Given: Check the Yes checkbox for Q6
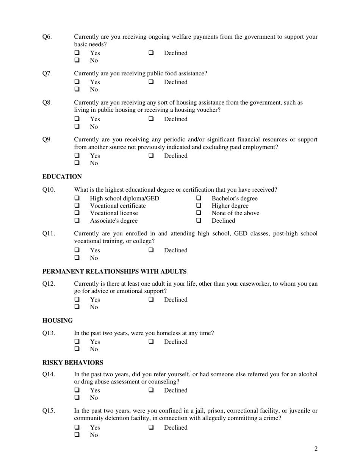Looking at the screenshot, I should click(77, 53).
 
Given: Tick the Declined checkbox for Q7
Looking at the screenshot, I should click(151, 82).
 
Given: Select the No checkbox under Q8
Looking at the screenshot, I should click(77, 126).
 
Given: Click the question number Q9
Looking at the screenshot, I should click(47, 139).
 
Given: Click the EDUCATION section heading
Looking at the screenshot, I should click(62, 177).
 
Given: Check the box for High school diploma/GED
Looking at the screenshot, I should click(77, 198).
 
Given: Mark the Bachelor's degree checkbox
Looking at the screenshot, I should click(199, 198).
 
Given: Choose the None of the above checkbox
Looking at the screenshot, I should click(199, 213).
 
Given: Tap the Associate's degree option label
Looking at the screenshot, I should click(114, 220).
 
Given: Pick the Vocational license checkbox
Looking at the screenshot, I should click(77, 213).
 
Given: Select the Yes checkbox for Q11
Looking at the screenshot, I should click(77, 250).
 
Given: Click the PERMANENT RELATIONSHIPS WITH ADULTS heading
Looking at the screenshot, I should click(114, 271).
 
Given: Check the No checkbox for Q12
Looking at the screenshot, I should click(77, 307).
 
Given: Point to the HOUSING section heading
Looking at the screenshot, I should click(58, 321).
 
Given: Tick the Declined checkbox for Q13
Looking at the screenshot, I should click(151, 342).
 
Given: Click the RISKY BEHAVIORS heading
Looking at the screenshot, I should click(73, 363).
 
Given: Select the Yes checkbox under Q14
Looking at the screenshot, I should click(77, 390).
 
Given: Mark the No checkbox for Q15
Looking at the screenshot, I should click(77, 435).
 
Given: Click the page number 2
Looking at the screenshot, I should click(316, 449).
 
